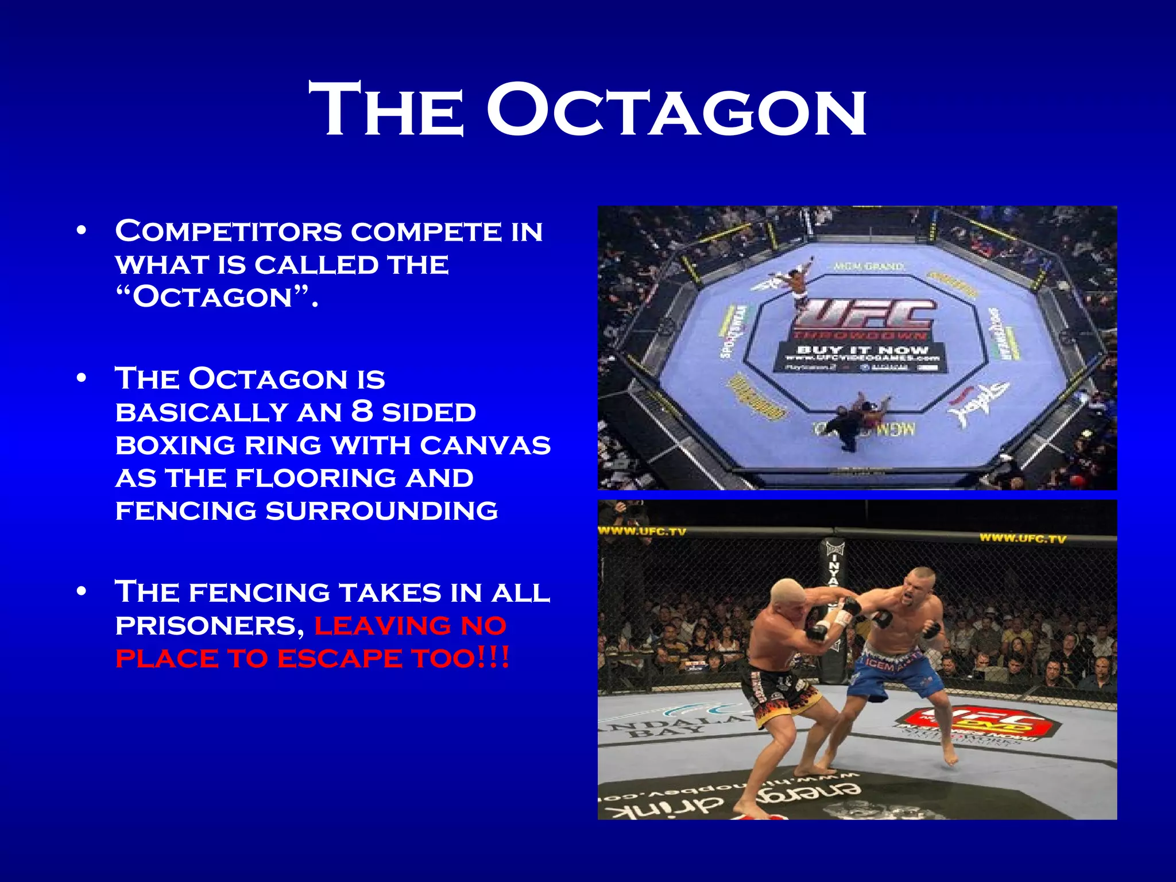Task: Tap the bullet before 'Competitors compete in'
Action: pos(82,231)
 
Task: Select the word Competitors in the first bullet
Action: pos(229,231)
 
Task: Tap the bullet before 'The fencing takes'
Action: pos(82,591)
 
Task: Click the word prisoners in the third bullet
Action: pos(209,625)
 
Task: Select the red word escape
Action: pos(339,659)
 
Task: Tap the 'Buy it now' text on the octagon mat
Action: pos(861,350)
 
